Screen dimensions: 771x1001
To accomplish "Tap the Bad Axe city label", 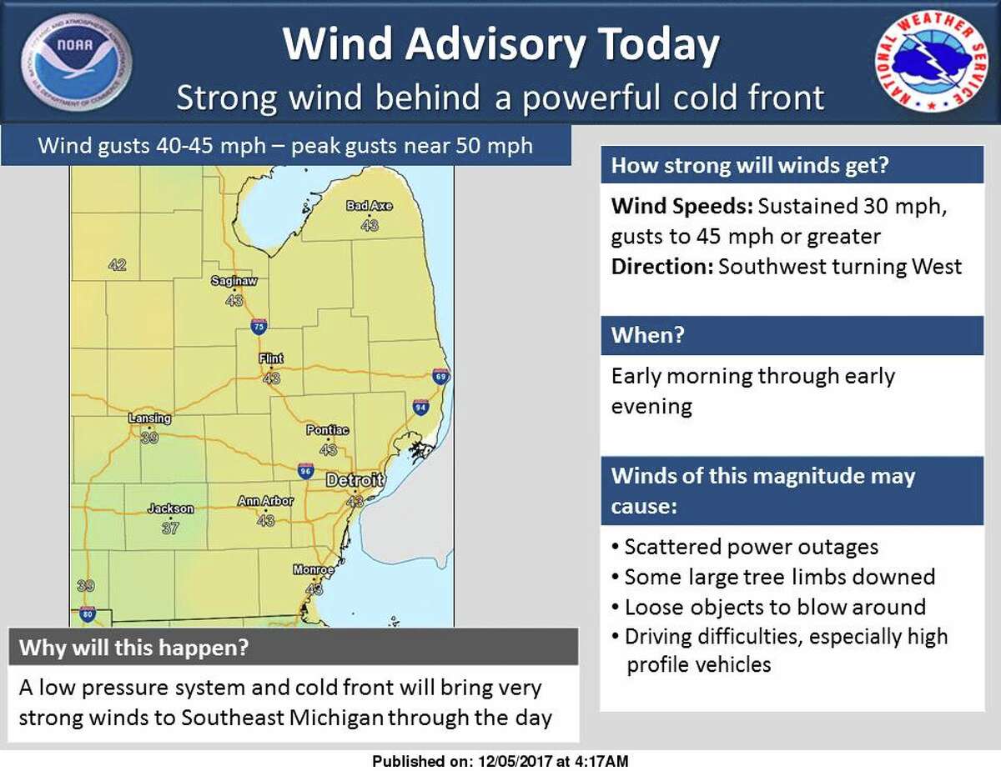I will (370, 206).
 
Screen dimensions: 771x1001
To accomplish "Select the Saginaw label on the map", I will (232, 282).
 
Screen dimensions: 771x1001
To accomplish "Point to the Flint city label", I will (271, 358).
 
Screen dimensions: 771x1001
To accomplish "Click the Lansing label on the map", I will (150, 418).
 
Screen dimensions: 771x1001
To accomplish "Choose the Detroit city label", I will (355, 481).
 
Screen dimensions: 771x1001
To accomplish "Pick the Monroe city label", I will (314, 570).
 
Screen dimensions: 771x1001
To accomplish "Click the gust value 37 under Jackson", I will (170, 528).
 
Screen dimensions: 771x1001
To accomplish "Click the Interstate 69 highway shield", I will (441, 377).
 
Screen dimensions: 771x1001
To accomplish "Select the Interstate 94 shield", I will (421, 408).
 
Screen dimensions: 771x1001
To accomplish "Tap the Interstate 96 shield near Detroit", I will (306, 472).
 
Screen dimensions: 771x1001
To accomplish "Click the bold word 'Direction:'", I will (661, 267).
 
